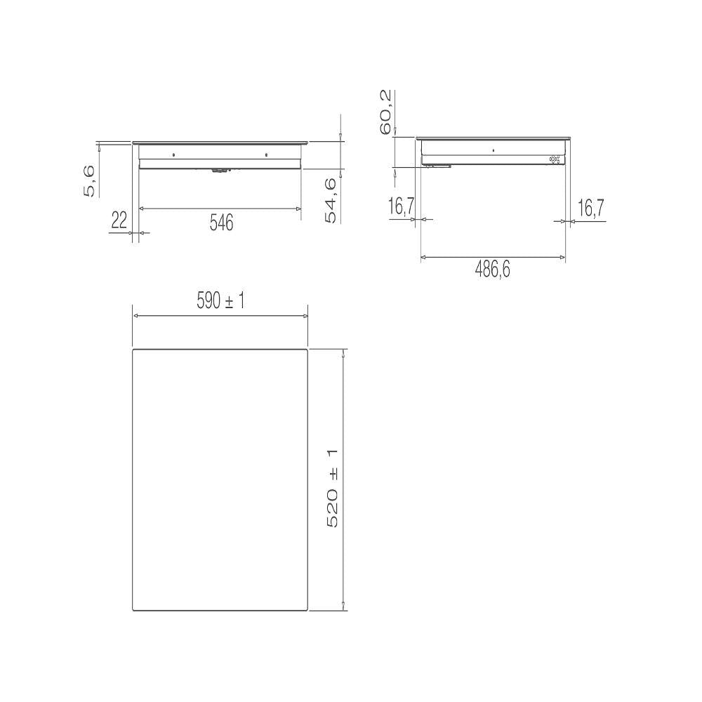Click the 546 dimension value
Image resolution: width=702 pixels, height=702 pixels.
(x=221, y=223)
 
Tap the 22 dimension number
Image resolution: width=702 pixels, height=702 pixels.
(x=119, y=221)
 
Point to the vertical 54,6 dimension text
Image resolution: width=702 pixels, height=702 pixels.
(x=331, y=200)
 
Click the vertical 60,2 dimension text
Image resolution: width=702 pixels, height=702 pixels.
(x=385, y=112)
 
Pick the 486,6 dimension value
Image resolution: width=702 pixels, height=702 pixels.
(x=492, y=270)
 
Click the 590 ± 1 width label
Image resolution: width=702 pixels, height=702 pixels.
(x=220, y=302)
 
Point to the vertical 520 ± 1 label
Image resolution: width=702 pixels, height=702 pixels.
(x=333, y=488)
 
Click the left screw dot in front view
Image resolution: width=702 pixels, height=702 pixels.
(x=174, y=154)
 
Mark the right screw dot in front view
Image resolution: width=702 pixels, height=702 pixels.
(x=267, y=154)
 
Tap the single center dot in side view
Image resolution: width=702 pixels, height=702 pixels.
(x=493, y=150)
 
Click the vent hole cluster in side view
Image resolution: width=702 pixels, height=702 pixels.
(x=555, y=159)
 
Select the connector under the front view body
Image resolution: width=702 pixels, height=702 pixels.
(x=220, y=169)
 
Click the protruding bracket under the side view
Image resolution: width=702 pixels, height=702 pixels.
(x=437, y=166)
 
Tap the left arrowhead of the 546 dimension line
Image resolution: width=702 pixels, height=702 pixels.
(x=143, y=208)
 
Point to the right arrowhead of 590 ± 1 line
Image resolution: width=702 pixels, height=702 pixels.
(x=305, y=316)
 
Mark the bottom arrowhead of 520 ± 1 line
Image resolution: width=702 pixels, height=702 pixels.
(x=343, y=606)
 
